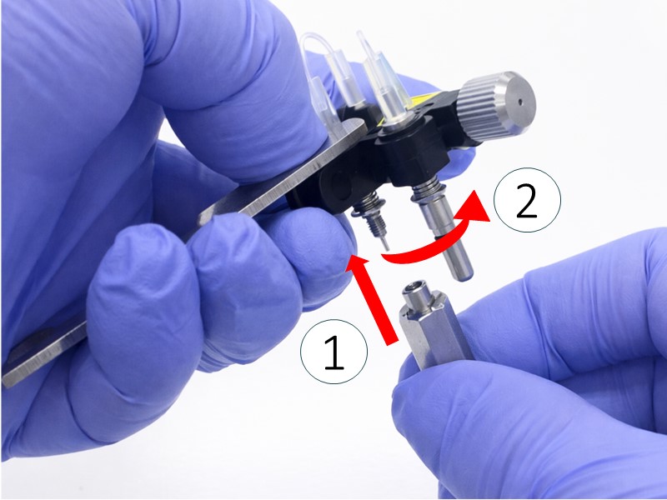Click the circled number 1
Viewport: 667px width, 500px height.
pyautogui.click(x=334, y=352)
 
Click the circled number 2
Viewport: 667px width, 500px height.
pyautogui.click(x=527, y=200)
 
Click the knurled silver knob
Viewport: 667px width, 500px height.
pyautogui.click(x=496, y=107)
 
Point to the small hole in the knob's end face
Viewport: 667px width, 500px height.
pyautogui.click(x=520, y=102)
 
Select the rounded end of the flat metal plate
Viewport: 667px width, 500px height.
pyautogui.click(x=355, y=127)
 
